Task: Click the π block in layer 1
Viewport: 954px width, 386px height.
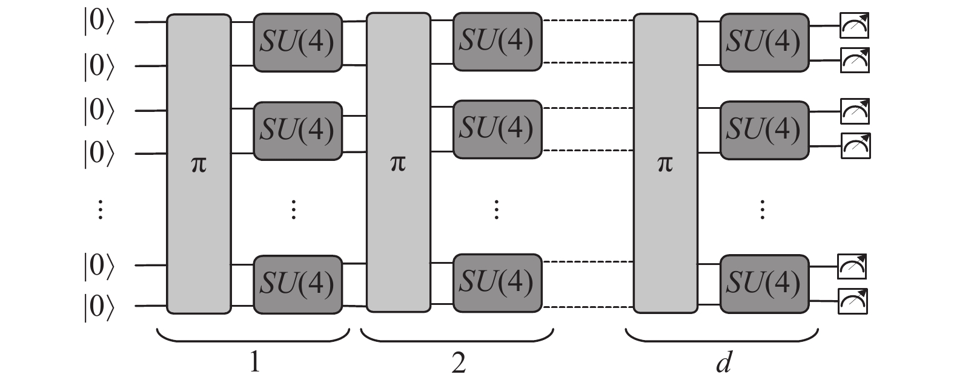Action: (199, 165)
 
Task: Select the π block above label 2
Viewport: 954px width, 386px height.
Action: (399, 163)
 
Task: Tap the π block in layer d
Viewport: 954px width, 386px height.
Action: (666, 163)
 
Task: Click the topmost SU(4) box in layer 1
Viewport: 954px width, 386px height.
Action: (298, 42)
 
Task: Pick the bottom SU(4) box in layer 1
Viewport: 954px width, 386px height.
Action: (298, 285)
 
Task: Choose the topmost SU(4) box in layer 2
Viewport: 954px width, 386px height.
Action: (497, 41)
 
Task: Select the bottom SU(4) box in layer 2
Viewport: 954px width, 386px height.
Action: (497, 283)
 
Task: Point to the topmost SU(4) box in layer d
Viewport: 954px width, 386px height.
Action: (764, 42)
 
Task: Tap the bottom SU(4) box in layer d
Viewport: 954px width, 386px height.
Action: (764, 284)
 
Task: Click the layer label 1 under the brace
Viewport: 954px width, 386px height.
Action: (254, 362)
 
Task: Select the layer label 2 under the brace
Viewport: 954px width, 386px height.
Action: (459, 363)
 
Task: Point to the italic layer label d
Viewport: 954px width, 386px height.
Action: (724, 362)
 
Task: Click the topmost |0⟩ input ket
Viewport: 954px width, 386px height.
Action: (99, 22)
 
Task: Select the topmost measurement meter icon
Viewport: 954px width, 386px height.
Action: (854, 25)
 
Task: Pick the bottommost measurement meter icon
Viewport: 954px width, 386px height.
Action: (853, 301)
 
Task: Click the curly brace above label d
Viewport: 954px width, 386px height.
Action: (722, 341)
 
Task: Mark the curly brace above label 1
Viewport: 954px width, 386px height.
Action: (253, 341)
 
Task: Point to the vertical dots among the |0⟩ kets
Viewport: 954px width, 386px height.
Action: (101, 209)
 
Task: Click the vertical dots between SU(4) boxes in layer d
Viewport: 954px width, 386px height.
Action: (763, 209)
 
